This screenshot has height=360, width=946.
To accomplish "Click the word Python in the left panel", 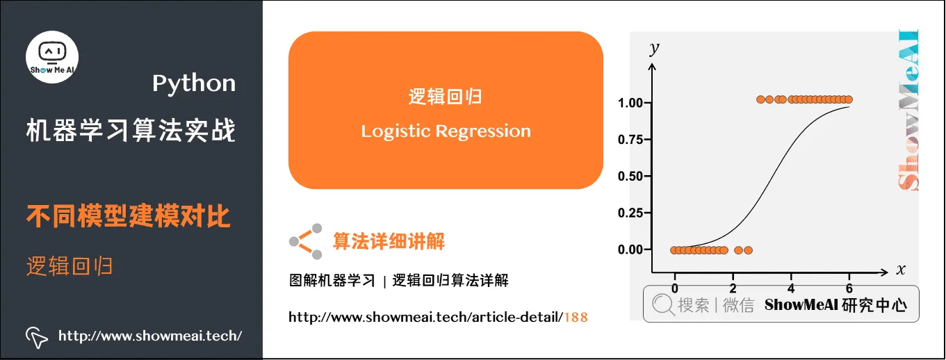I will (x=194, y=83).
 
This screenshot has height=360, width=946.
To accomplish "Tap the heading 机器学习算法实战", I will (x=131, y=131).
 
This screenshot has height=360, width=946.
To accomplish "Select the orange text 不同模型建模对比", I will (x=129, y=217).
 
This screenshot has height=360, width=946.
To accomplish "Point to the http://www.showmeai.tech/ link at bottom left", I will (x=150, y=336).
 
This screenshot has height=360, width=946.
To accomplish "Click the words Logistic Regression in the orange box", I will (x=446, y=131).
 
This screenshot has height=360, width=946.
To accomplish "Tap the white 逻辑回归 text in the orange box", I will (x=446, y=97).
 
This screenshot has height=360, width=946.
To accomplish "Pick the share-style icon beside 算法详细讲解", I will (x=307, y=241).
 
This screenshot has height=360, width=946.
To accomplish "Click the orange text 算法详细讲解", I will (x=389, y=241).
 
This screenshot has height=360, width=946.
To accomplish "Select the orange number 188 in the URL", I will (x=576, y=318).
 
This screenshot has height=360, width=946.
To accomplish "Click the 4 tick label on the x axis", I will (x=791, y=287).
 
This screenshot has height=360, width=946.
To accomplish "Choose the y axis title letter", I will (x=653, y=49).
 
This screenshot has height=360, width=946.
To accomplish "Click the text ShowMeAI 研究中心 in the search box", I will (x=835, y=304).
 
